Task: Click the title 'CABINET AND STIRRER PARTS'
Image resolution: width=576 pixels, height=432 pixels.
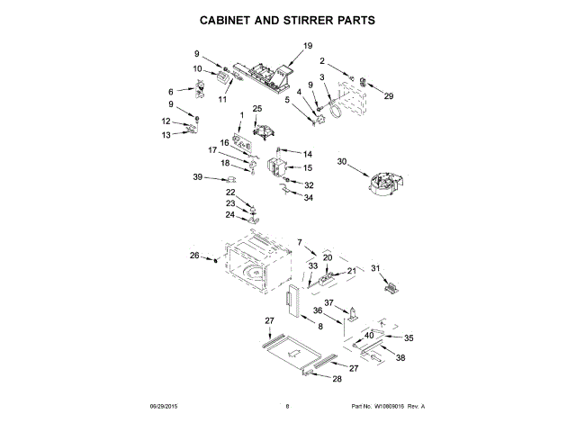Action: tap(287, 18)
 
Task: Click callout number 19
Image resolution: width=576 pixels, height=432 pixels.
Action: tap(308, 46)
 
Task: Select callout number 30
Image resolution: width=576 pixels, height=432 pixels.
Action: tap(342, 162)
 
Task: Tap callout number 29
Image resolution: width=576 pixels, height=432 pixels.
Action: tap(389, 95)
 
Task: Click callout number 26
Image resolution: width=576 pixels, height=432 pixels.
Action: tap(193, 256)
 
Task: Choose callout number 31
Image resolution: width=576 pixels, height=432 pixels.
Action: tap(376, 267)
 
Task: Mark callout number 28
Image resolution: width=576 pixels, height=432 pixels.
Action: tap(337, 379)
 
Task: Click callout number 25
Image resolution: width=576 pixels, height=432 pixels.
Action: tap(256, 109)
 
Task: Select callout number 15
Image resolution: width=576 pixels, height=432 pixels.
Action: tap(307, 167)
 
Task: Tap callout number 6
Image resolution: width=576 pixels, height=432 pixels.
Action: tap(171, 91)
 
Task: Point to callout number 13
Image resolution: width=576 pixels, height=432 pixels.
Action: tap(165, 135)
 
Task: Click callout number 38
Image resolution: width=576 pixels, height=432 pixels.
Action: tap(400, 357)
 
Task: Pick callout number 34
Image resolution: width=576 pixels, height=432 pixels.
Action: tap(308, 197)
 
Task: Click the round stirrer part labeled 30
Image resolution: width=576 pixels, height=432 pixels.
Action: tap(382, 178)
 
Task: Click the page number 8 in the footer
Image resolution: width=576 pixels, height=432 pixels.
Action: tap(287, 407)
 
